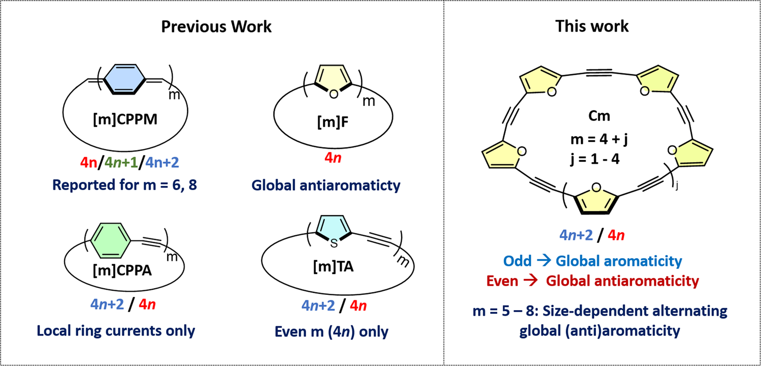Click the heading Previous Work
tap(216, 26)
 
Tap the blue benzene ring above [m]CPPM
tap(119, 79)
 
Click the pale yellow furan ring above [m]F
tap(333, 79)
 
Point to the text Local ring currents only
tap(116, 331)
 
